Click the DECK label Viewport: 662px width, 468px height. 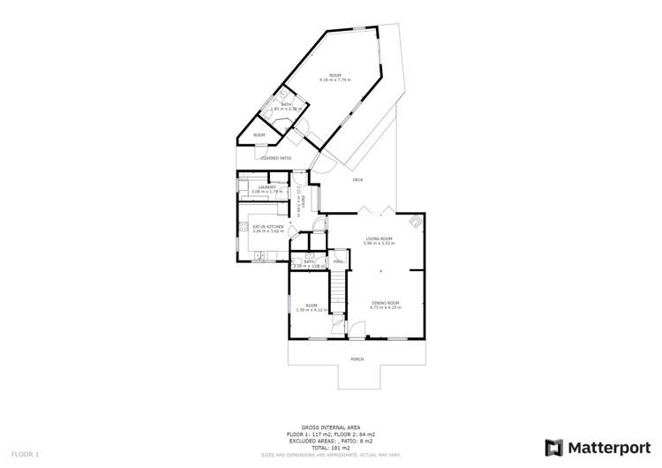pos(357,180)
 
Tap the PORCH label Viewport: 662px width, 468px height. pos(357,359)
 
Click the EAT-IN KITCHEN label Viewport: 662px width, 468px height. pos(268,227)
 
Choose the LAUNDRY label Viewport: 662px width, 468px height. pos(268,186)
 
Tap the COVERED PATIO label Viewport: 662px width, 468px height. pos(275,158)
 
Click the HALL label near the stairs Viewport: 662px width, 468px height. pos(338,261)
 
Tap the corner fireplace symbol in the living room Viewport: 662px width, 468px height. pos(413,222)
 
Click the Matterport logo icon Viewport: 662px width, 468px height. pos(555,447)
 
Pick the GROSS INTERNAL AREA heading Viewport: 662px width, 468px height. pos(331,427)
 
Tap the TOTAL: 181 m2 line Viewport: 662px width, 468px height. pos(331,448)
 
